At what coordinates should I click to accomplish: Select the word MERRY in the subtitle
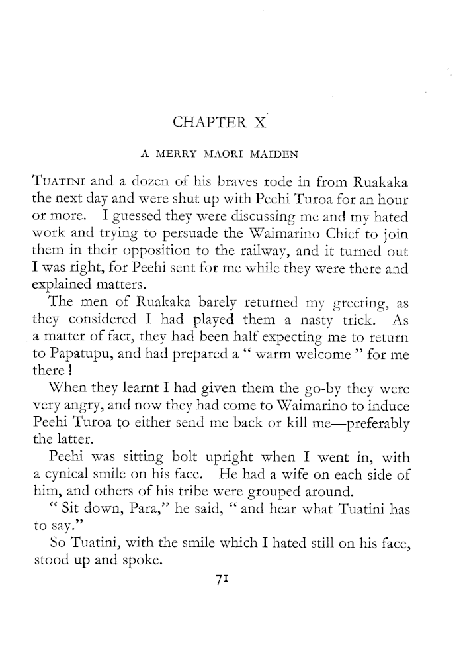point(180,155)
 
